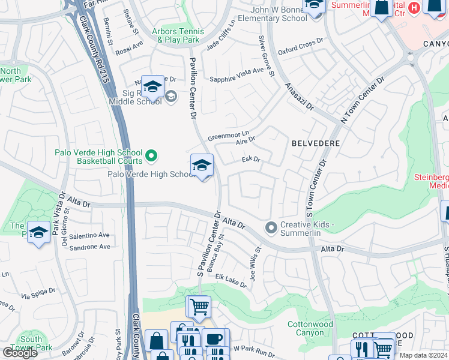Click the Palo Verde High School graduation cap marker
202,166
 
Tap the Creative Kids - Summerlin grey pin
271,227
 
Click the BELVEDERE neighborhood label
316,144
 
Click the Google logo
20,353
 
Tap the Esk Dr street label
250,160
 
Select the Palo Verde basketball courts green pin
151,156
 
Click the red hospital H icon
414,9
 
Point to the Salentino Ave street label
90,235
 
